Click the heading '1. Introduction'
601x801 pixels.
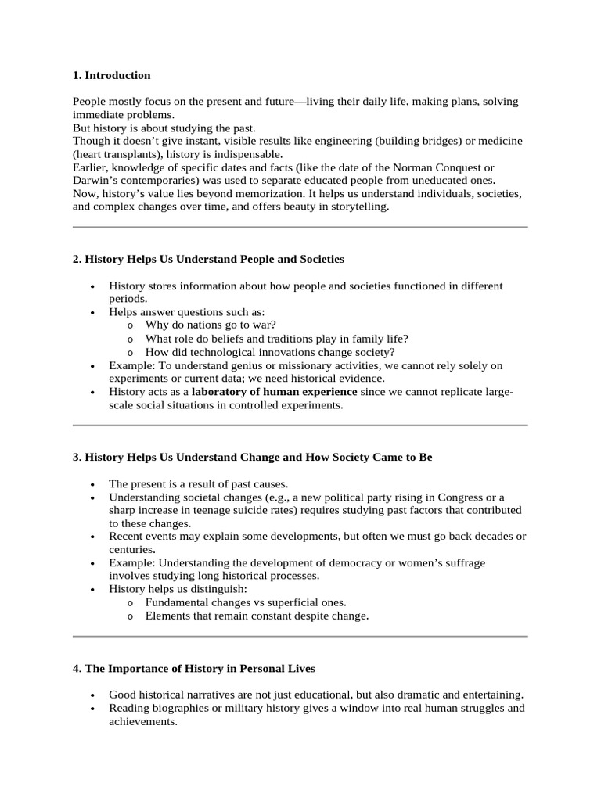pyautogui.click(x=111, y=75)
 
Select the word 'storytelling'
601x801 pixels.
pyautogui.click(x=358, y=207)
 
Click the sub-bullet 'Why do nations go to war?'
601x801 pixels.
pyautogui.click(x=211, y=325)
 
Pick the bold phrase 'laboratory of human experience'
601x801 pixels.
pyautogui.click(x=274, y=391)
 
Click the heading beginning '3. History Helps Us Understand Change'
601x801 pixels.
pyautogui.click(x=252, y=458)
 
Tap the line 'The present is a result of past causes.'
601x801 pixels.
pyautogui.click(x=199, y=484)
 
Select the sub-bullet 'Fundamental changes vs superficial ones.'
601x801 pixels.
pyautogui.click(x=246, y=602)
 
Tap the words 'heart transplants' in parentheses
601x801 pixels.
pyautogui.click(x=115, y=155)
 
